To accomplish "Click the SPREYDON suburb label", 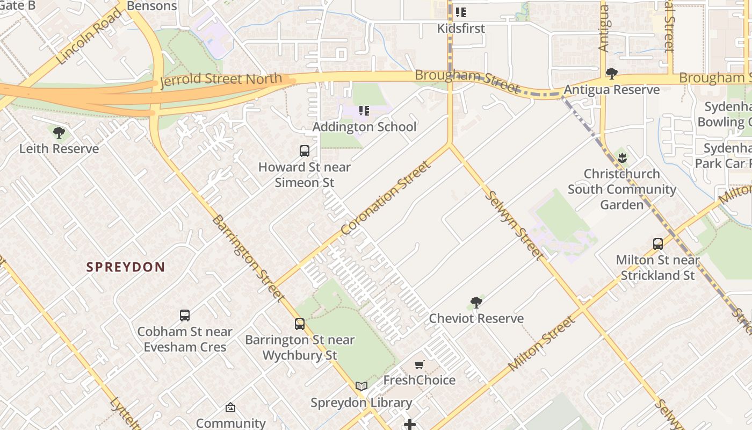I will pos(125,267).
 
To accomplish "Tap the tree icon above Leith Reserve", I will pos(59,132).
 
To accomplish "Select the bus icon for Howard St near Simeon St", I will pos(305,151).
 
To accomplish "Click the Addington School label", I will pos(364,127).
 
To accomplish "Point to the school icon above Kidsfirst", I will pos(461,12).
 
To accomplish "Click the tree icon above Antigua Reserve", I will pos(611,73).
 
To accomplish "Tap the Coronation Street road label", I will pos(386,198).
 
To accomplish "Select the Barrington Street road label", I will pos(248,258).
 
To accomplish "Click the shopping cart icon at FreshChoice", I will pos(420,365).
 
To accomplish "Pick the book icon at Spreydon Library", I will pos(361,386).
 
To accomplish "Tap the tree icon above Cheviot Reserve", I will pos(476,303).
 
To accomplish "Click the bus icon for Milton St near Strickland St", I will pos(658,244).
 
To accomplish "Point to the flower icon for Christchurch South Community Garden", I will pos(622,158).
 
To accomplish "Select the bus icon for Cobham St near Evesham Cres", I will pos(185,316).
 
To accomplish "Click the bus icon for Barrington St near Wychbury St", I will pos(300,324).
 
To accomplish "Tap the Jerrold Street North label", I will pos(221,80).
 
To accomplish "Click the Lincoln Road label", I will pos(89,36).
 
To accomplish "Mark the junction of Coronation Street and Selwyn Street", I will pos(450,144).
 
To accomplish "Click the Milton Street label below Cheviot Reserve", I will pos(541,343).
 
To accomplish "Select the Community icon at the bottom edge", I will pos(230,407).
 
